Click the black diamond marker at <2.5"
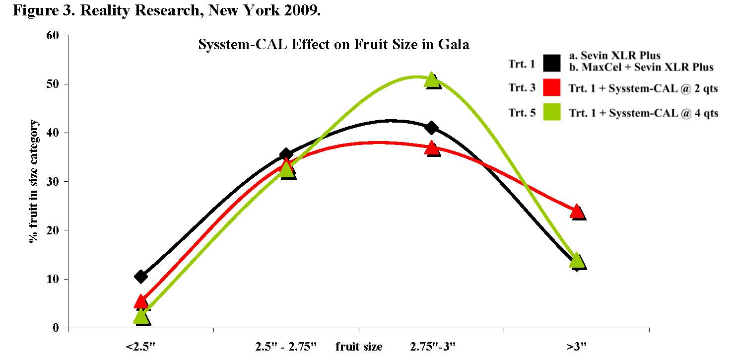(x=141, y=276)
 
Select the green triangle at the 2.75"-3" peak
(x=432, y=79)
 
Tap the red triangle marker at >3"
(x=577, y=211)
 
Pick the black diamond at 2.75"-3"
(x=432, y=128)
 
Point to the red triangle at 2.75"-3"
(x=432, y=147)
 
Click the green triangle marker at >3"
(x=577, y=260)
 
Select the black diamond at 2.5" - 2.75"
(x=286, y=154)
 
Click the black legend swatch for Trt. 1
(x=552, y=63)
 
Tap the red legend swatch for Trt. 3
(x=552, y=88)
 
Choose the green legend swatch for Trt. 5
(x=552, y=113)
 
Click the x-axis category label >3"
(x=577, y=347)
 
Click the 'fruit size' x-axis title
(x=359, y=347)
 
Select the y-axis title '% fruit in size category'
(x=33, y=182)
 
